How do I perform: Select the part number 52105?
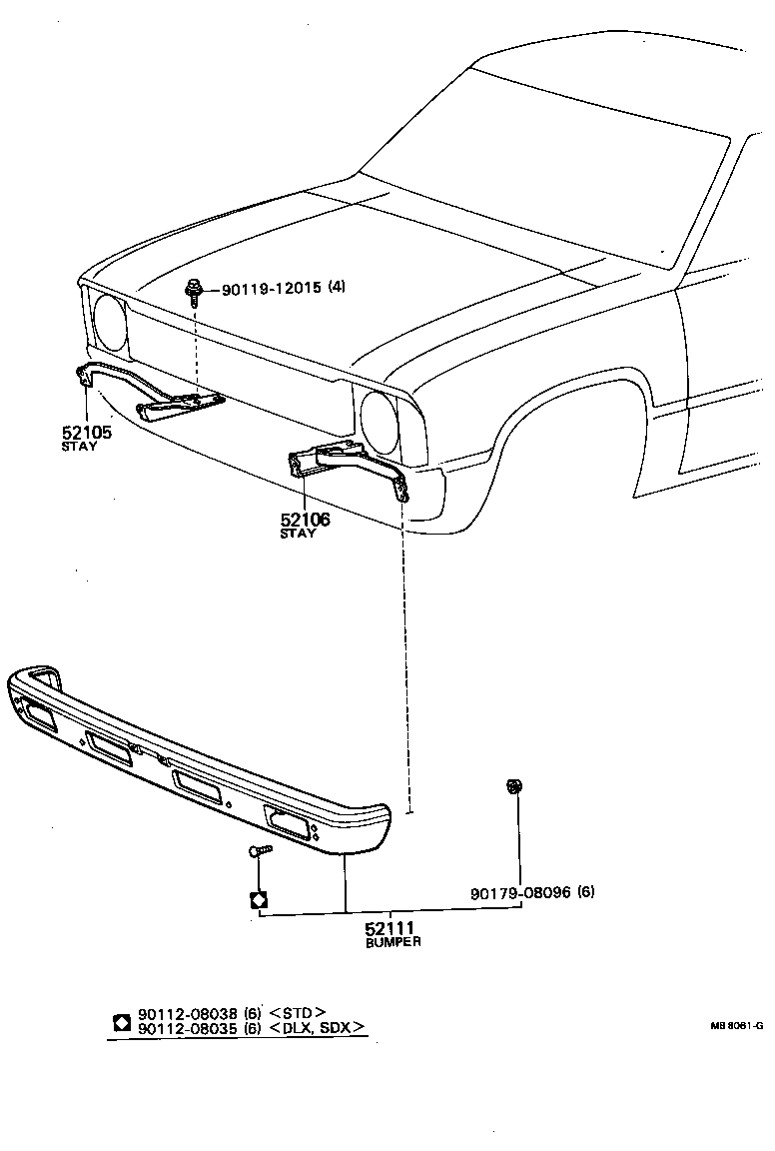pyautogui.click(x=85, y=433)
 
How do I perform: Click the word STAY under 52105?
pyautogui.click(x=80, y=447)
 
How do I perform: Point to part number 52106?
pyautogui.click(x=305, y=520)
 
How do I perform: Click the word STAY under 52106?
pyautogui.click(x=298, y=534)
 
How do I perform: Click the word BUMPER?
pyautogui.click(x=392, y=942)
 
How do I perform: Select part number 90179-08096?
pyautogui.click(x=520, y=892)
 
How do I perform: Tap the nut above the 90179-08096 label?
pyautogui.click(x=513, y=787)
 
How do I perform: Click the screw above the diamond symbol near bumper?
pyautogui.click(x=258, y=851)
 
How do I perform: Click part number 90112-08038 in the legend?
pyautogui.click(x=187, y=1012)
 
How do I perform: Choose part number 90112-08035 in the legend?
pyautogui.click(x=187, y=1027)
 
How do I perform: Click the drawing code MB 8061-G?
pyautogui.click(x=736, y=1025)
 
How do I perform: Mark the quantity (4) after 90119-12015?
pyautogui.click(x=337, y=288)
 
